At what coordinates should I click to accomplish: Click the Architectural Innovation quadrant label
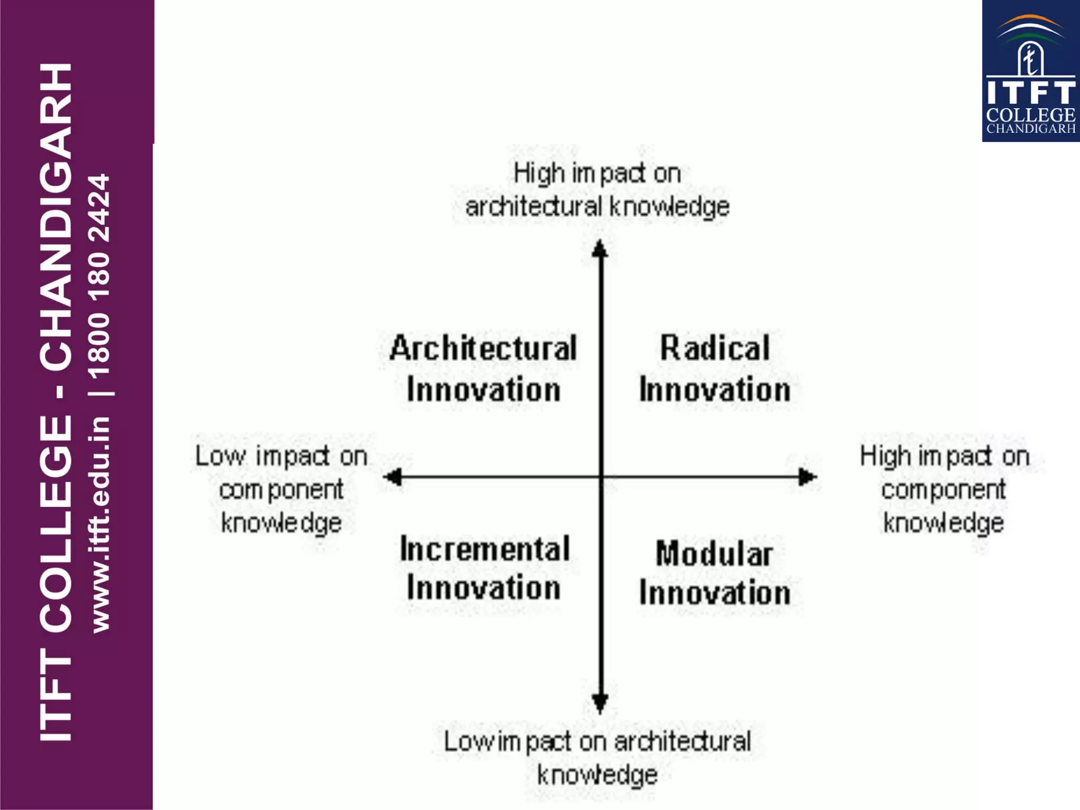point(483,369)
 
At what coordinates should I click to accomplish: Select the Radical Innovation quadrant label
point(715,369)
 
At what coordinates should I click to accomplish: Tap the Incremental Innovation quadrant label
point(484,568)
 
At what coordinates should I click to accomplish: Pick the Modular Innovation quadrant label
point(715,573)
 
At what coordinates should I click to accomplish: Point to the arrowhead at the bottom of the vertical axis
point(600,703)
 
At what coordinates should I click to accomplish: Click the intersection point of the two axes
point(600,477)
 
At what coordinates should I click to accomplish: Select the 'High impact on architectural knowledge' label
point(597,190)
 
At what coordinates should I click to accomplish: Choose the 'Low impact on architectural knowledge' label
point(597,757)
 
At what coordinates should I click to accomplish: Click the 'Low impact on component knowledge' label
point(282,489)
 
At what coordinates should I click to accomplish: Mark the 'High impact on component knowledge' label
point(944,489)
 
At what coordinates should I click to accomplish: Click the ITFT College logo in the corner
point(1030,71)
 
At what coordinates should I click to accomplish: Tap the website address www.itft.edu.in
point(100,524)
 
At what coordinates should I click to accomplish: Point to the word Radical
point(715,349)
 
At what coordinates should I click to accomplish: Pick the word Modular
point(715,554)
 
